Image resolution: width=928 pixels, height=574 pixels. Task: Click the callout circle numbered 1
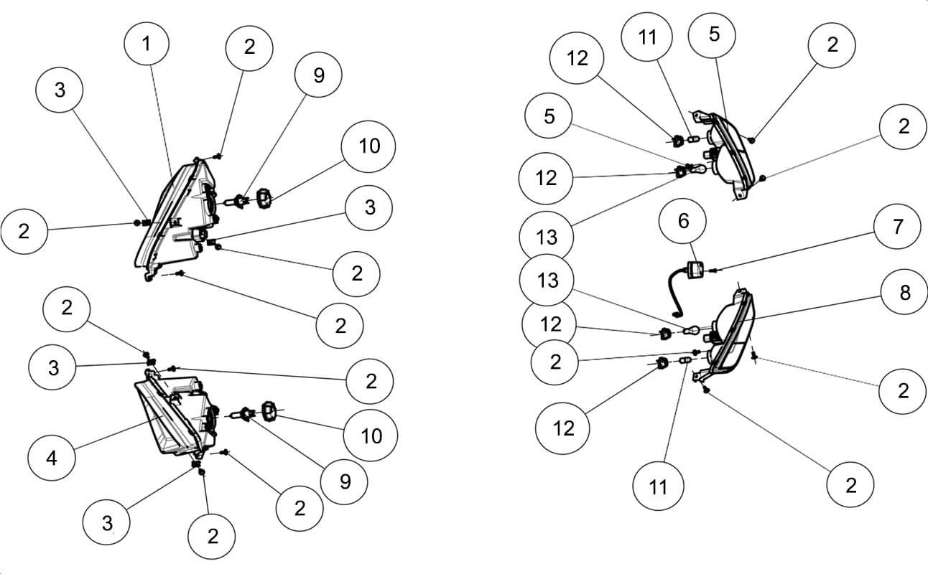click(147, 44)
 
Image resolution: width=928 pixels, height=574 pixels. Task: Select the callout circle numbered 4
click(52, 458)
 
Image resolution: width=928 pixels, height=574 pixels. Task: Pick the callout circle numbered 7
click(897, 226)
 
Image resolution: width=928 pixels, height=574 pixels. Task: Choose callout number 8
click(904, 293)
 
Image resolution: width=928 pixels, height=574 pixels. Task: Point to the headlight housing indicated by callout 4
click(176, 414)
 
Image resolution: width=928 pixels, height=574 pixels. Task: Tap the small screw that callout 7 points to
click(715, 270)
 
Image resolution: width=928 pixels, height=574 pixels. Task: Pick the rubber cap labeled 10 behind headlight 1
click(264, 198)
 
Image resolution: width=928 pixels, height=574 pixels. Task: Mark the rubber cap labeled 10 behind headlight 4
click(269, 411)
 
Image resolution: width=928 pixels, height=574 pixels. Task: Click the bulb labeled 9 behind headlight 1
click(237, 202)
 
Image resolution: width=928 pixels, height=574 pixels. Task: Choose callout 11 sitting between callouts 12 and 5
click(646, 37)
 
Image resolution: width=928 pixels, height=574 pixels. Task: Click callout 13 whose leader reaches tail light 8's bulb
click(547, 280)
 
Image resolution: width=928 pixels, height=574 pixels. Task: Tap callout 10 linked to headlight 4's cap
click(371, 436)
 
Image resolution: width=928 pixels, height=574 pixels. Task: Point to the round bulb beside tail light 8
click(691, 331)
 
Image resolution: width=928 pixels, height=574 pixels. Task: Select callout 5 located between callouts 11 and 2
click(712, 34)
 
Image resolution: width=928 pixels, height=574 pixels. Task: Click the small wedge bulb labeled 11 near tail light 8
click(685, 360)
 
